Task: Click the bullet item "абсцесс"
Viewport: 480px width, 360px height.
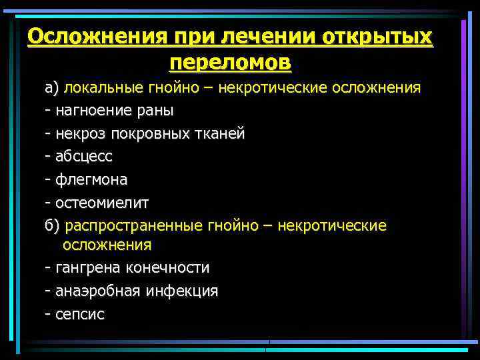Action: [84, 157]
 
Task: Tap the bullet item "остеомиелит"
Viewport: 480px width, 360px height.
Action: [97, 203]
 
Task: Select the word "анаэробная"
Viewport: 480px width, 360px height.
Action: [94, 291]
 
